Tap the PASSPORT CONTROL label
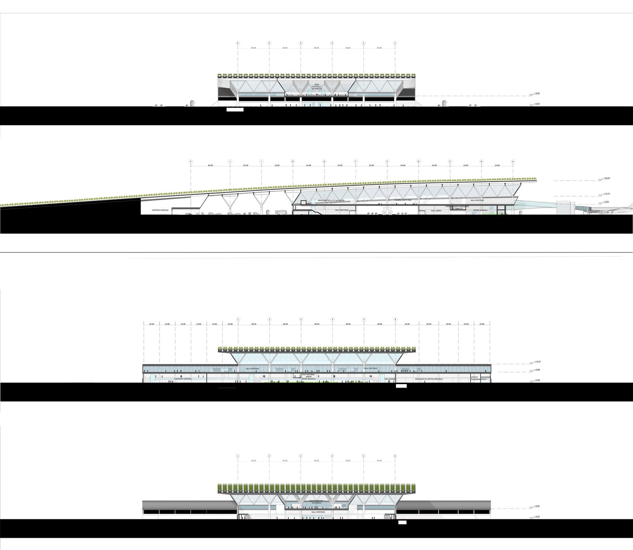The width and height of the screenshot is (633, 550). point(183,378)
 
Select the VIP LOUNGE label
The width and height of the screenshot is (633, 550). point(389,378)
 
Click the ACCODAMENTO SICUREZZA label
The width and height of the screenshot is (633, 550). point(316,502)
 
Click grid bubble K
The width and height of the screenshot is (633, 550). point(191,161)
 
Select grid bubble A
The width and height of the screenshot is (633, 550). point(513,161)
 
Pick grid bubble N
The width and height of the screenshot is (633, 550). point(293,161)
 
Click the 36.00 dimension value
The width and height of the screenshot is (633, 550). point(407,324)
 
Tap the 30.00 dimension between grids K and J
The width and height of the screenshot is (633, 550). point(210,165)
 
